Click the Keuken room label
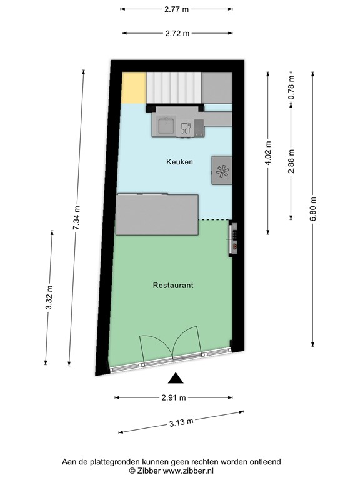point(180,162)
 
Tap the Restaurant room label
point(173,285)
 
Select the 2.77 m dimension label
point(177,9)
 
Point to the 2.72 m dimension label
point(177,33)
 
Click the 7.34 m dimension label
point(77,217)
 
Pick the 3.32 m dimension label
point(49,297)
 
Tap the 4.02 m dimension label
point(268,153)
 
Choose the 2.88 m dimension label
point(291,161)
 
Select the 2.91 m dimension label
point(174,397)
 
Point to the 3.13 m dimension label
point(181,422)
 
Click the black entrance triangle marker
point(176,379)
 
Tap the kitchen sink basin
point(166,126)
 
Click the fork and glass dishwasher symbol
point(186,128)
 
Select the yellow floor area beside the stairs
point(134,88)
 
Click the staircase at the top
point(174,88)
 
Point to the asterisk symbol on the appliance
point(222,171)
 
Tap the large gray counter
point(157,214)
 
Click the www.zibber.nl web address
point(188,471)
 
